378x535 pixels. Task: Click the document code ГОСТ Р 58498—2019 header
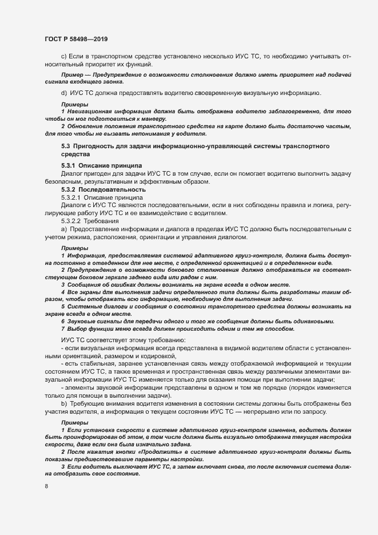[x=75, y=39]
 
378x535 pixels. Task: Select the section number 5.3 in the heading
[x=66, y=147]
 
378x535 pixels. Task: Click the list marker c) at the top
[x=63, y=57]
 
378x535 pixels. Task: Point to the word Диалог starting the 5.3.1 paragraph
[x=71, y=173]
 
